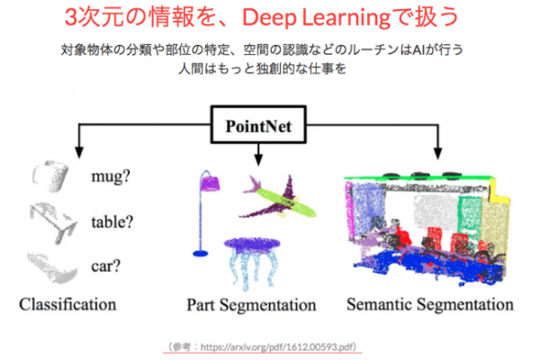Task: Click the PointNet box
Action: click(258, 125)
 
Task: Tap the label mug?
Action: click(111, 176)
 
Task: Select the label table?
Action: click(112, 221)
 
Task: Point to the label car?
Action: click(106, 266)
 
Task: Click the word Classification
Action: click(67, 304)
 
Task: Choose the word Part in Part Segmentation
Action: click(201, 305)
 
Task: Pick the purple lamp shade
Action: click(210, 183)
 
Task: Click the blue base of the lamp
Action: click(201, 254)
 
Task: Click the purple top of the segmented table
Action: click(252, 245)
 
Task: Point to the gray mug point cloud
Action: click(50, 176)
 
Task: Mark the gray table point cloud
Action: click(54, 222)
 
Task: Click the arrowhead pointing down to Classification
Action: click(79, 151)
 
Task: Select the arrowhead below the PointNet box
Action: click(258, 158)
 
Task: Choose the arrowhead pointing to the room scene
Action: click(437, 153)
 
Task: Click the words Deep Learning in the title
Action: click(316, 18)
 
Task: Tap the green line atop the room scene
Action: click(418, 178)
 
